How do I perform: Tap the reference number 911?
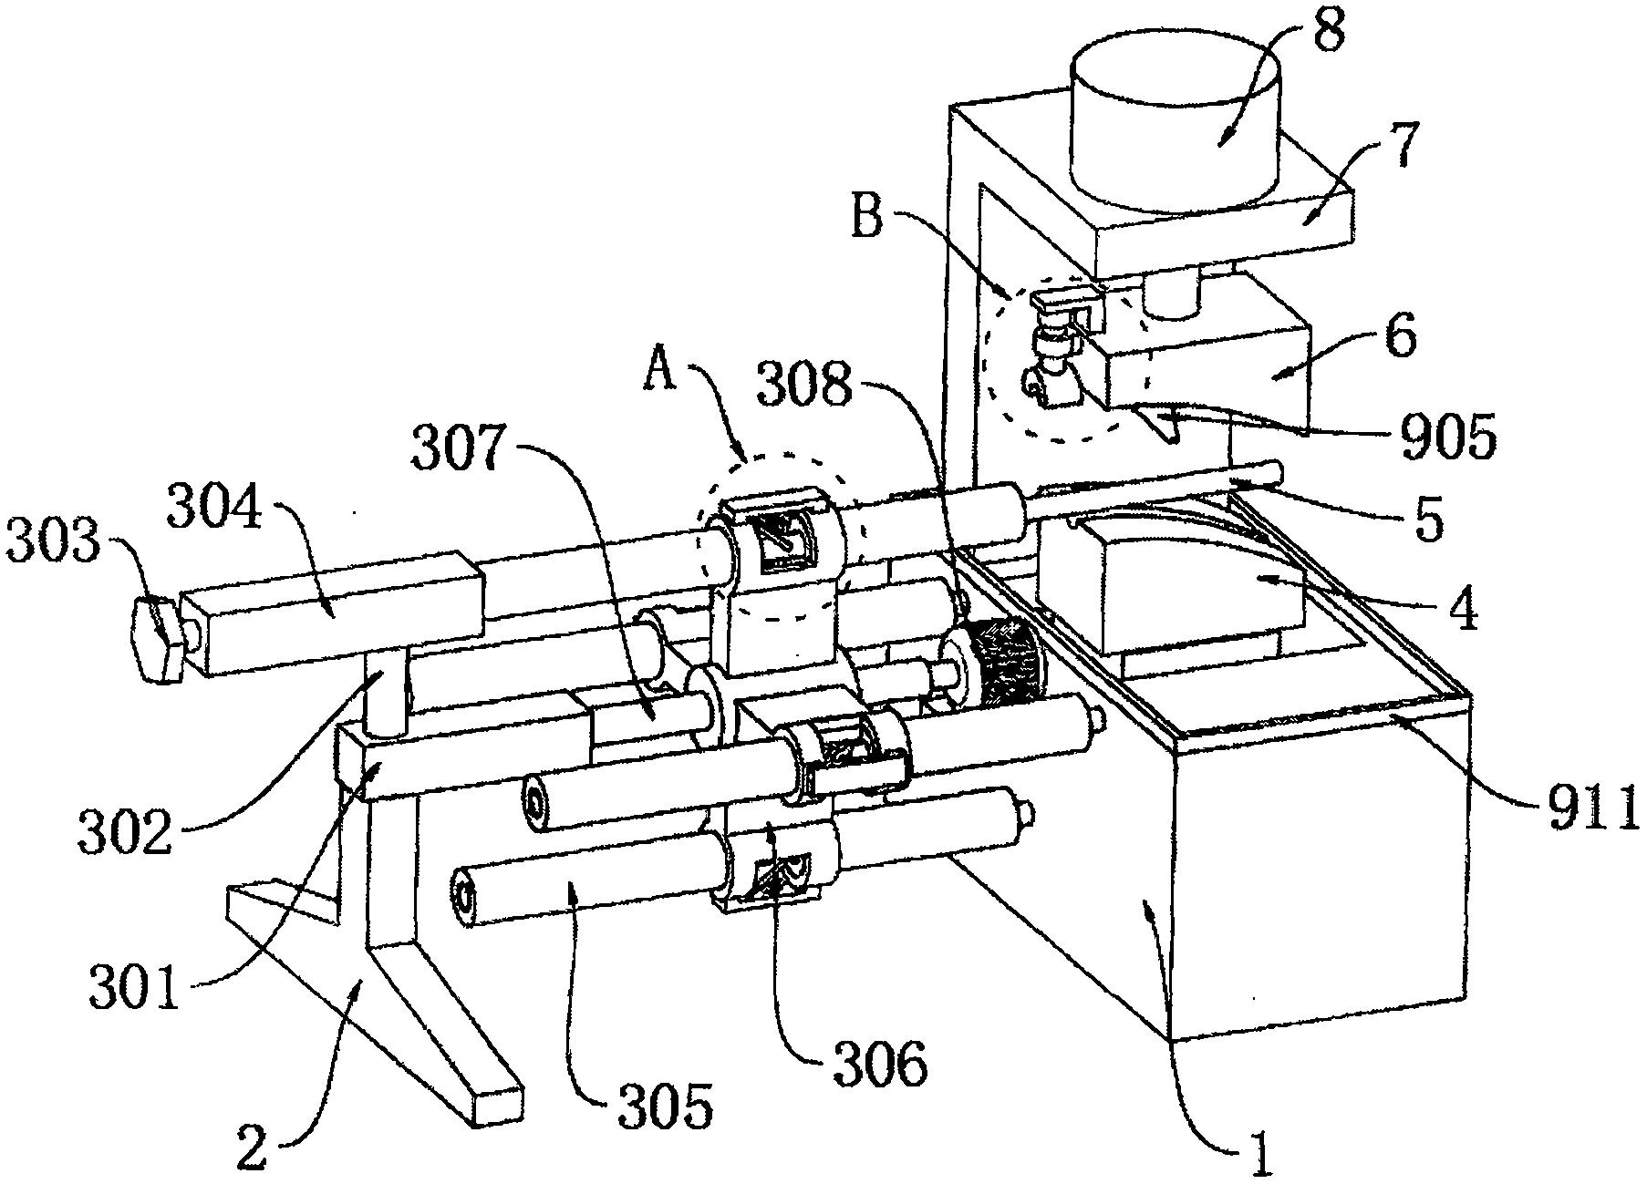point(1584,809)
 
